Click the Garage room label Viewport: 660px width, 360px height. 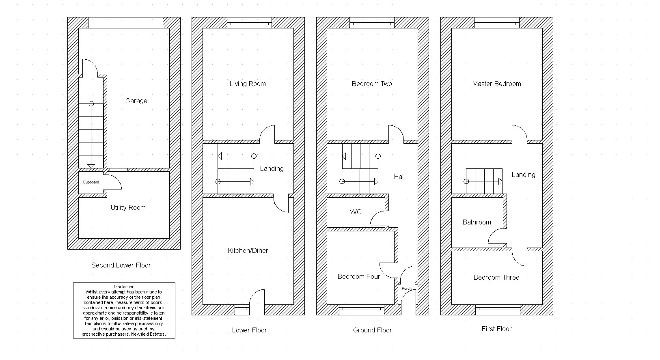pyautogui.click(x=136, y=101)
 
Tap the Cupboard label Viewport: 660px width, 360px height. pyautogui.click(x=91, y=182)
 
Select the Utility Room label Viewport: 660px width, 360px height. pyautogui.click(x=128, y=207)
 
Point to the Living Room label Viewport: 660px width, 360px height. pyautogui.click(x=248, y=84)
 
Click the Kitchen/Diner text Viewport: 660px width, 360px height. pyautogui.click(x=248, y=250)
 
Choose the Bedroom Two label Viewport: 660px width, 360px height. pyautogui.click(x=372, y=84)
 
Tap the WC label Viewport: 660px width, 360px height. pyautogui.click(x=356, y=212)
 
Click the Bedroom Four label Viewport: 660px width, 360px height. pyautogui.click(x=359, y=276)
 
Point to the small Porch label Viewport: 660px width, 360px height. pyautogui.click(x=407, y=289)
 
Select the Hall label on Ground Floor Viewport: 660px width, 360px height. pyautogui.click(x=399, y=177)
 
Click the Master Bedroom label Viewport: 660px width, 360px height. pyautogui.click(x=496, y=84)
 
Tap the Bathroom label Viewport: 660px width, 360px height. pyautogui.click(x=477, y=222)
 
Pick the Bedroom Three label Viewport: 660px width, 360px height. pyautogui.click(x=496, y=277)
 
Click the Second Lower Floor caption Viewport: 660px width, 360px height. pyautogui.click(x=121, y=265)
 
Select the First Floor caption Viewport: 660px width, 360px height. pyautogui.click(x=497, y=329)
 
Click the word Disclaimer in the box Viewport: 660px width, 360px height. pyautogui.click(x=124, y=287)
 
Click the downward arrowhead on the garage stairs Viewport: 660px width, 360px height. pyautogui.click(x=91, y=166)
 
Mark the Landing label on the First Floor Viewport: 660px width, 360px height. pyautogui.click(x=523, y=175)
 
